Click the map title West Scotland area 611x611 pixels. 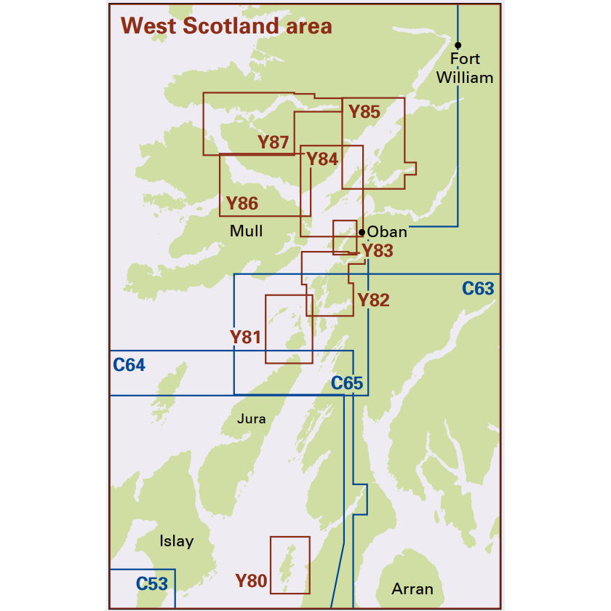pyautogui.click(x=227, y=26)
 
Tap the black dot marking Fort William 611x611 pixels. pyautogui.click(x=458, y=45)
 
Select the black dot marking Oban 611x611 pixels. pyautogui.click(x=362, y=232)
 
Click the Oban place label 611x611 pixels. pyautogui.click(x=387, y=233)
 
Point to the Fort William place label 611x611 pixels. pyautogui.click(x=465, y=68)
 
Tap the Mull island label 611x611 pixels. pyautogui.click(x=246, y=231)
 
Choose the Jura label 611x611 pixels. pyautogui.click(x=252, y=419)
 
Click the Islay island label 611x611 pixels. pyautogui.click(x=177, y=541)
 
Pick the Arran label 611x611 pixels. pyautogui.click(x=412, y=589)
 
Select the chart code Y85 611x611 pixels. pyautogui.click(x=364, y=112)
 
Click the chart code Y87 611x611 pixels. pyautogui.click(x=273, y=143)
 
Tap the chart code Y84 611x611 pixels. pyautogui.click(x=322, y=159)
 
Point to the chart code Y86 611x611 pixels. pyautogui.click(x=242, y=204)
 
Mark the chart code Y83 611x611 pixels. pyautogui.click(x=378, y=252)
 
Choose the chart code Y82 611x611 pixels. pyautogui.click(x=373, y=300)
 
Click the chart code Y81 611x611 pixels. pyautogui.click(x=245, y=337)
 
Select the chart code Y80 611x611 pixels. pyautogui.click(x=251, y=580)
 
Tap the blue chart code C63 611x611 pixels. pyautogui.click(x=478, y=289)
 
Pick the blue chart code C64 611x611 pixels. pyautogui.click(x=129, y=364)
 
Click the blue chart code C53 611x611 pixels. pyautogui.click(x=152, y=583)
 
